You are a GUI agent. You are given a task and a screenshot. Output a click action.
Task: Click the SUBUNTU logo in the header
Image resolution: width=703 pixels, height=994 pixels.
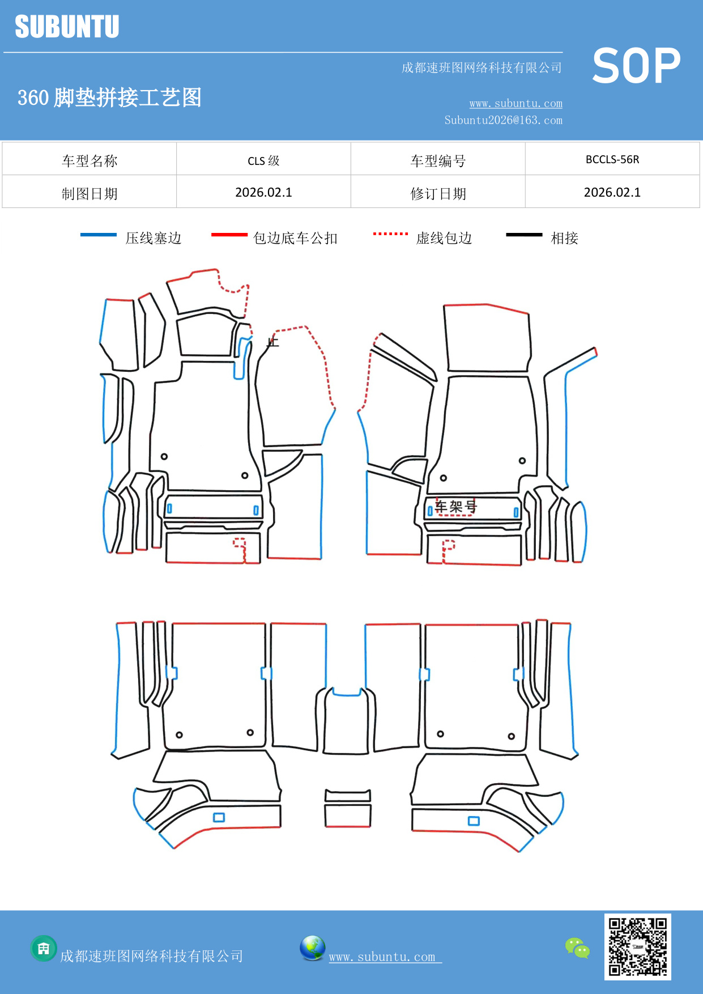[x=67, y=27]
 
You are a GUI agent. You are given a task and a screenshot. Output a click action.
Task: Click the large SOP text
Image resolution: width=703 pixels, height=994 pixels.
[x=636, y=66]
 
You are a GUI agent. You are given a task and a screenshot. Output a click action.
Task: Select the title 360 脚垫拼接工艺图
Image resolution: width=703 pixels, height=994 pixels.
[x=109, y=98]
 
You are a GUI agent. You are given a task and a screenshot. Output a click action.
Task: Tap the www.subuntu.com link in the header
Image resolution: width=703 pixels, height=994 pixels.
[x=515, y=104]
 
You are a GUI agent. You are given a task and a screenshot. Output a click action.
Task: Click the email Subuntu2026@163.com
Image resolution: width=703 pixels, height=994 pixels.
[x=503, y=120]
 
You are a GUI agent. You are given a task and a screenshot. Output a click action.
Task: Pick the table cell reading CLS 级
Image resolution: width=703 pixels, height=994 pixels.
[x=263, y=161]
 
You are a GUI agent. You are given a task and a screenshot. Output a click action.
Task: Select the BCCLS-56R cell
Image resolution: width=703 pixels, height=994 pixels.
[x=612, y=160]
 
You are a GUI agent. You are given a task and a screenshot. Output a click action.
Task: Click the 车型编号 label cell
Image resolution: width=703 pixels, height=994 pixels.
[x=438, y=161]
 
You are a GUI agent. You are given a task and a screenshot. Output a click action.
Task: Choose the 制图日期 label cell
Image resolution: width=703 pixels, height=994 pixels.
[x=90, y=194]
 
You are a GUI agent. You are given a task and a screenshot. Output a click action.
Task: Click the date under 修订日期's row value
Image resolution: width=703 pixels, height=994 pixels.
[x=612, y=193]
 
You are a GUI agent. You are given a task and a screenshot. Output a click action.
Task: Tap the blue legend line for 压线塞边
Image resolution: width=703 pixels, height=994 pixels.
[x=99, y=235]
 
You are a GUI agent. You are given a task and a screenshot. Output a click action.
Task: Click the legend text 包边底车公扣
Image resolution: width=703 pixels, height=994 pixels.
[x=295, y=239]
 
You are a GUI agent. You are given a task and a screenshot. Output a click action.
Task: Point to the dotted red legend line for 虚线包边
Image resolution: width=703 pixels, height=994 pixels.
[x=390, y=233]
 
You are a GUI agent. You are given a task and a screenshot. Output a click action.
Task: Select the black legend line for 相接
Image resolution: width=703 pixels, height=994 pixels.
[x=524, y=235]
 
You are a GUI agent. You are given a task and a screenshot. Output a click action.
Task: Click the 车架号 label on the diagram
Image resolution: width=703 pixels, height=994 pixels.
[x=455, y=507]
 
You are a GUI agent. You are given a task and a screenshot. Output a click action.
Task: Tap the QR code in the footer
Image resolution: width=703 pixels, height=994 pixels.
[x=637, y=946]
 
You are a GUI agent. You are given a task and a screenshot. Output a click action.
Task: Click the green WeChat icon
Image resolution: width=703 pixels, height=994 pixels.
[x=577, y=948]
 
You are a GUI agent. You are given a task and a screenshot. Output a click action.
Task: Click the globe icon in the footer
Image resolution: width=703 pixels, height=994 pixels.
[x=312, y=948]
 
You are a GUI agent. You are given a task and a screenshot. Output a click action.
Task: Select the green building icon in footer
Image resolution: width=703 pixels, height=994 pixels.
[x=44, y=948]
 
